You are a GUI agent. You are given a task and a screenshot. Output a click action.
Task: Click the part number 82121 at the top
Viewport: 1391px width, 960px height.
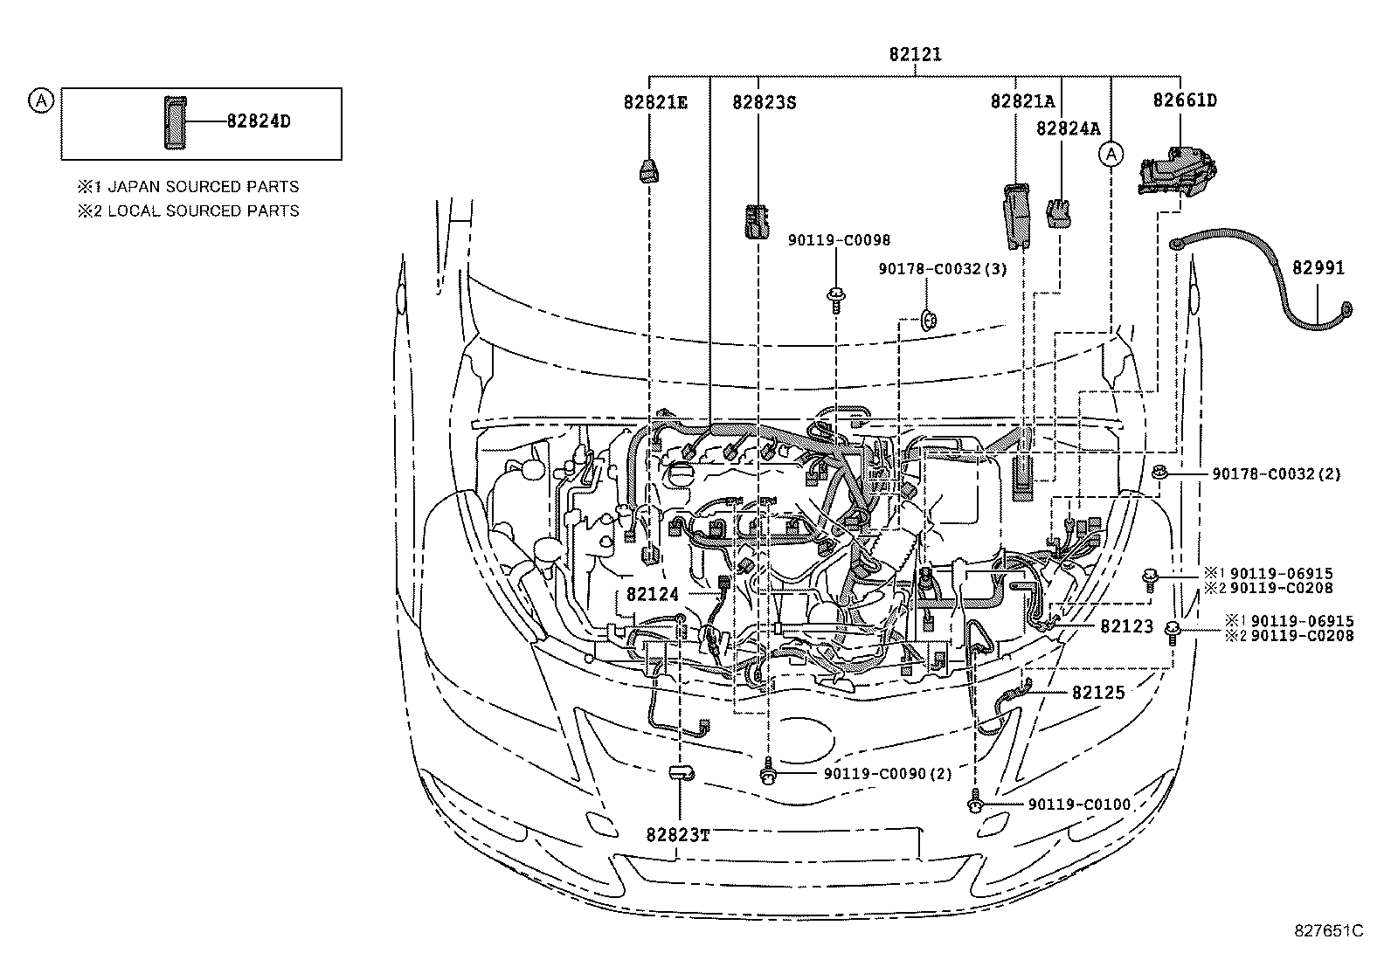coord(915,54)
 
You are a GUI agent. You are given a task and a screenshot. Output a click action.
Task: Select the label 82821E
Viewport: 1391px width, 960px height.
coord(654,101)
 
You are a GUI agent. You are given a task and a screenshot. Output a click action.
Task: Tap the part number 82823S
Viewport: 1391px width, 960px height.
coord(765,101)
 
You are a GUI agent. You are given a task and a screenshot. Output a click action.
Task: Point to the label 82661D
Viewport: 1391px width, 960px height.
coord(1184,100)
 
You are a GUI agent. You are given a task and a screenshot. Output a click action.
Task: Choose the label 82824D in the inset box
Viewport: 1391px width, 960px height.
coord(258,121)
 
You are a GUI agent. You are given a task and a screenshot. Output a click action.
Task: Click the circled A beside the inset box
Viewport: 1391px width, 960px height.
coord(39,100)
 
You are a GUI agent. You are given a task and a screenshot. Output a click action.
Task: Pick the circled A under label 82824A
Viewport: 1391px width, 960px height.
coord(1111,155)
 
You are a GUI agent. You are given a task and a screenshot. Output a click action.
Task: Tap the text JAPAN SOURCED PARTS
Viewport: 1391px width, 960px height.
coord(203,186)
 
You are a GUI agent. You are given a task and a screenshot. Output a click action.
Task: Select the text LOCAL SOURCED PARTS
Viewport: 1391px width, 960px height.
coord(203,211)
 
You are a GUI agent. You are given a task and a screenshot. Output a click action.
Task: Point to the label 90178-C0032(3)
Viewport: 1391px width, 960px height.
coord(942,269)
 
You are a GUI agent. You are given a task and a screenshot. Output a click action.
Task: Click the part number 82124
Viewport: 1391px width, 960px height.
coord(652,594)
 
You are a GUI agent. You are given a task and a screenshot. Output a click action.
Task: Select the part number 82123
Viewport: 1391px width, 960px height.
coord(1126,626)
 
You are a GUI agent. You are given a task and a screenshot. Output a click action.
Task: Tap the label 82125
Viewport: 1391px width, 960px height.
coord(1098,692)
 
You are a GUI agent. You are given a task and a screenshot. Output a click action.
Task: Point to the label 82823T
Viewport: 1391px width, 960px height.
coord(678,834)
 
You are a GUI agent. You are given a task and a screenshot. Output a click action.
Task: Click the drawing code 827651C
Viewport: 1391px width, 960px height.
coord(1328,930)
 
